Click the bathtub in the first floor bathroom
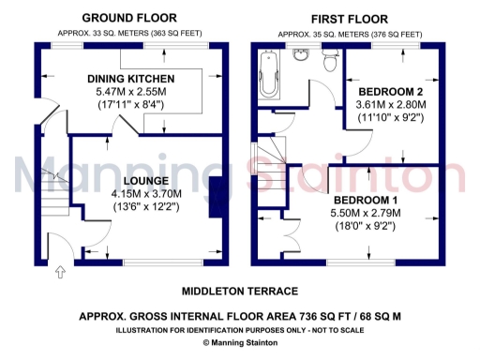tap(266, 74)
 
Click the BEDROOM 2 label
tap(392, 91)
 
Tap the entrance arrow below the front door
tap(62, 273)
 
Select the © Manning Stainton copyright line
tap(240, 343)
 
